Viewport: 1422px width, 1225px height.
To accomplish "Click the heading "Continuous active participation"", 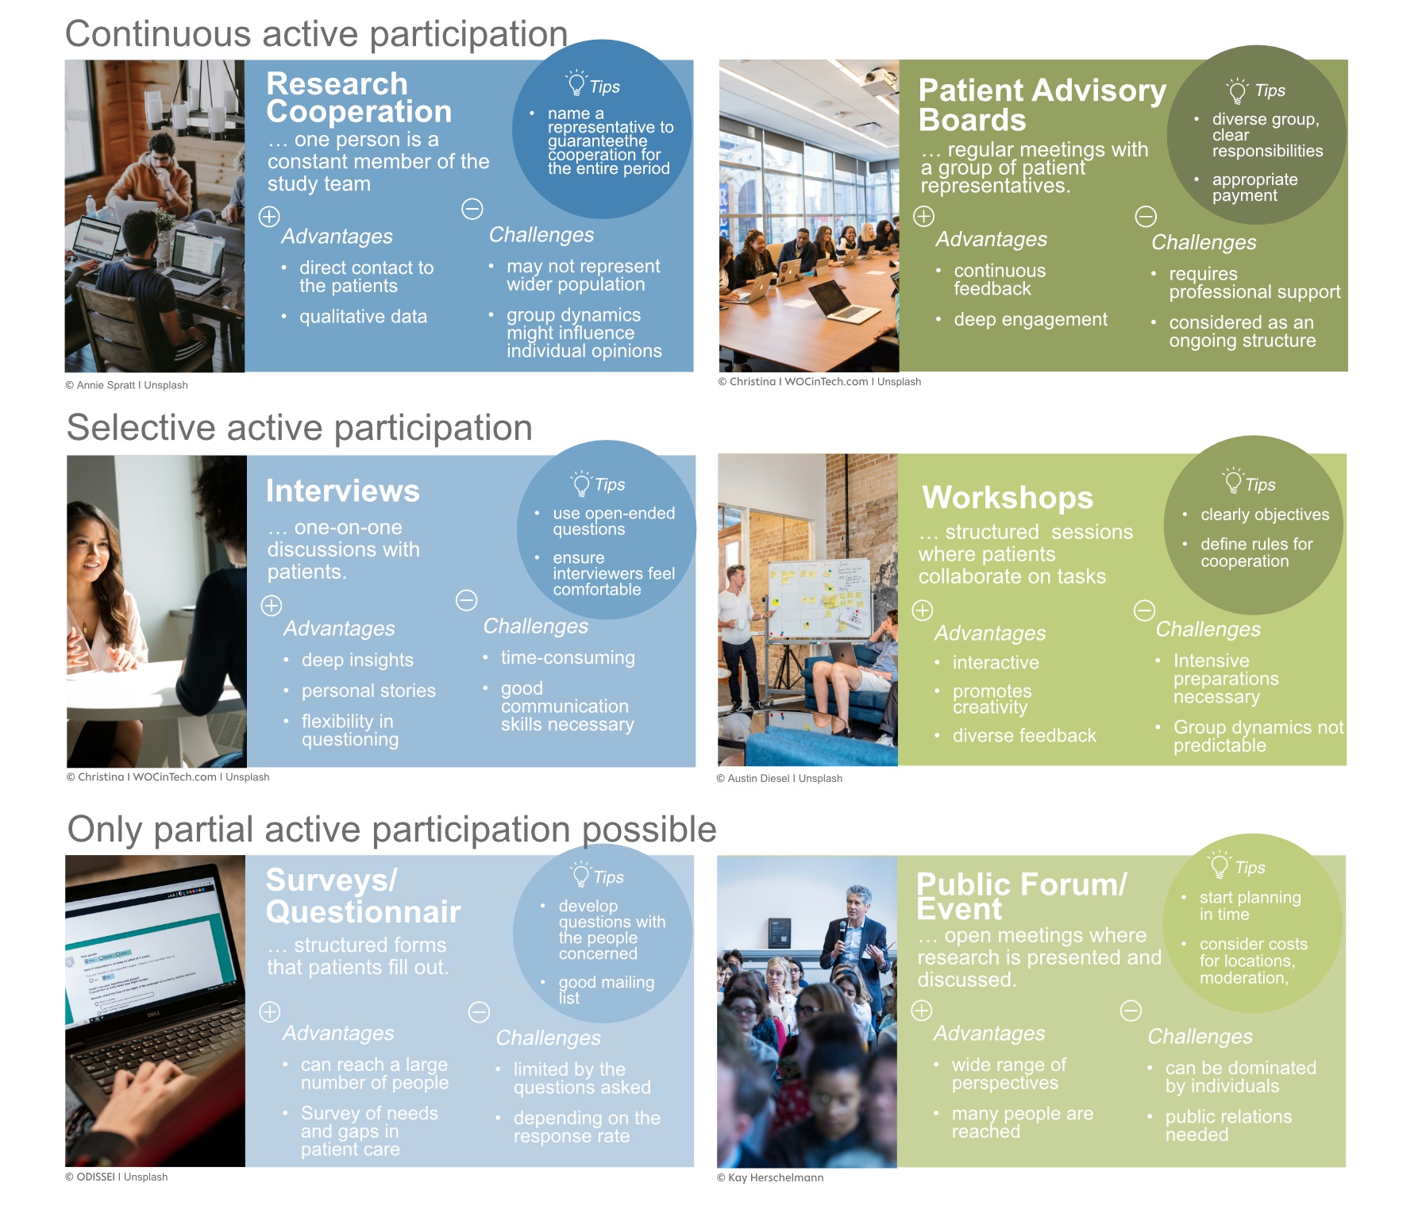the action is (316, 34).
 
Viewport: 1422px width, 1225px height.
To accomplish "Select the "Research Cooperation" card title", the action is (359, 98).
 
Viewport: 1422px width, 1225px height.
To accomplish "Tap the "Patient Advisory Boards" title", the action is (1042, 105).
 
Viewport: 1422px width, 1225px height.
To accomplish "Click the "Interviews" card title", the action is (342, 491).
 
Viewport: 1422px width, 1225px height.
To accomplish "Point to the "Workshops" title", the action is (1008, 498).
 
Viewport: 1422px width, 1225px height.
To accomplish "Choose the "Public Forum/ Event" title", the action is (1021, 896).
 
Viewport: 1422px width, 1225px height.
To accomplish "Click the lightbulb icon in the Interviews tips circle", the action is (581, 483).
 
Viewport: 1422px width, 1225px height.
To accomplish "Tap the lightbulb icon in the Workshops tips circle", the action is (1233, 480).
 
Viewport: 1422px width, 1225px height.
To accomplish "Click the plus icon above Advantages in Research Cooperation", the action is (269, 216).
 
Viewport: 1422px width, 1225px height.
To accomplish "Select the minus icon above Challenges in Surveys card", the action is (479, 1012).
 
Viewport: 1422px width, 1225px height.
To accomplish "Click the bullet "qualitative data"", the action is (363, 317).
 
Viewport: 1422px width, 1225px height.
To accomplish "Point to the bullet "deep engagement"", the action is (1030, 319).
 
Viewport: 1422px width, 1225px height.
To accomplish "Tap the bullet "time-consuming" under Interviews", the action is (568, 658).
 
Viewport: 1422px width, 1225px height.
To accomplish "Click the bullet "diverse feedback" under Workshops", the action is (1024, 735).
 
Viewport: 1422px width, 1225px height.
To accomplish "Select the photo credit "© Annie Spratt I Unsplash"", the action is (126, 385).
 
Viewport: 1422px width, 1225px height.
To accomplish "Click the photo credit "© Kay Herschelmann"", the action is (770, 1177).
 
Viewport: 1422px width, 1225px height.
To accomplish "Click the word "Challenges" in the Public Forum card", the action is (1200, 1037).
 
